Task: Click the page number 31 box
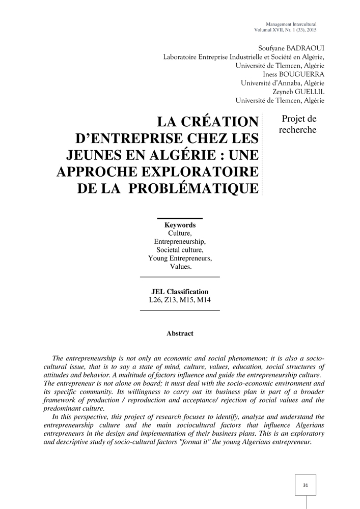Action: pyautogui.click(x=306, y=485)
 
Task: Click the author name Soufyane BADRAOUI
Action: pyautogui.click(x=292, y=48)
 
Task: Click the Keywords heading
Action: pyautogui.click(x=180, y=225)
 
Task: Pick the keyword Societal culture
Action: pyautogui.click(x=180, y=250)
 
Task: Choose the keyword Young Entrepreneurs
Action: pyautogui.click(x=180, y=258)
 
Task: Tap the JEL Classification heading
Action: pyautogui.click(x=180, y=292)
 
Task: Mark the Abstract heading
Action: pyautogui.click(x=180, y=333)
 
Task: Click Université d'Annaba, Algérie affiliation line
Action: pyautogui.click(x=282, y=82)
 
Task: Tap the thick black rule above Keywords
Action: pyautogui.click(x=180, y=218)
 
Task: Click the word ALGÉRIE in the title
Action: pyautogui.click(x=182, y=155)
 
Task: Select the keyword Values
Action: pyautogui.click(x=180, y=266)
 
